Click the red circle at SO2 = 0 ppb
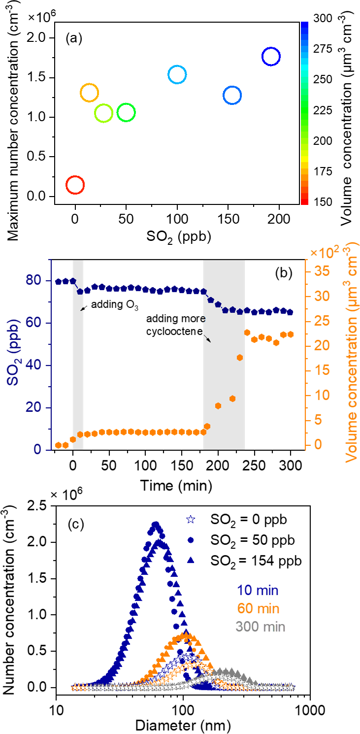pyautogui.click(x=75, y=185)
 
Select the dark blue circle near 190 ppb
pyautogui.click(x=271, y=57)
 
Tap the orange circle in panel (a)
pyautogui.click(x=89, y=93)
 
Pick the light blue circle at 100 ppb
pyautogui.click(x=177, y=74)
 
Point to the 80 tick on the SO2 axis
pyautogui.click(x=40, y=281)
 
